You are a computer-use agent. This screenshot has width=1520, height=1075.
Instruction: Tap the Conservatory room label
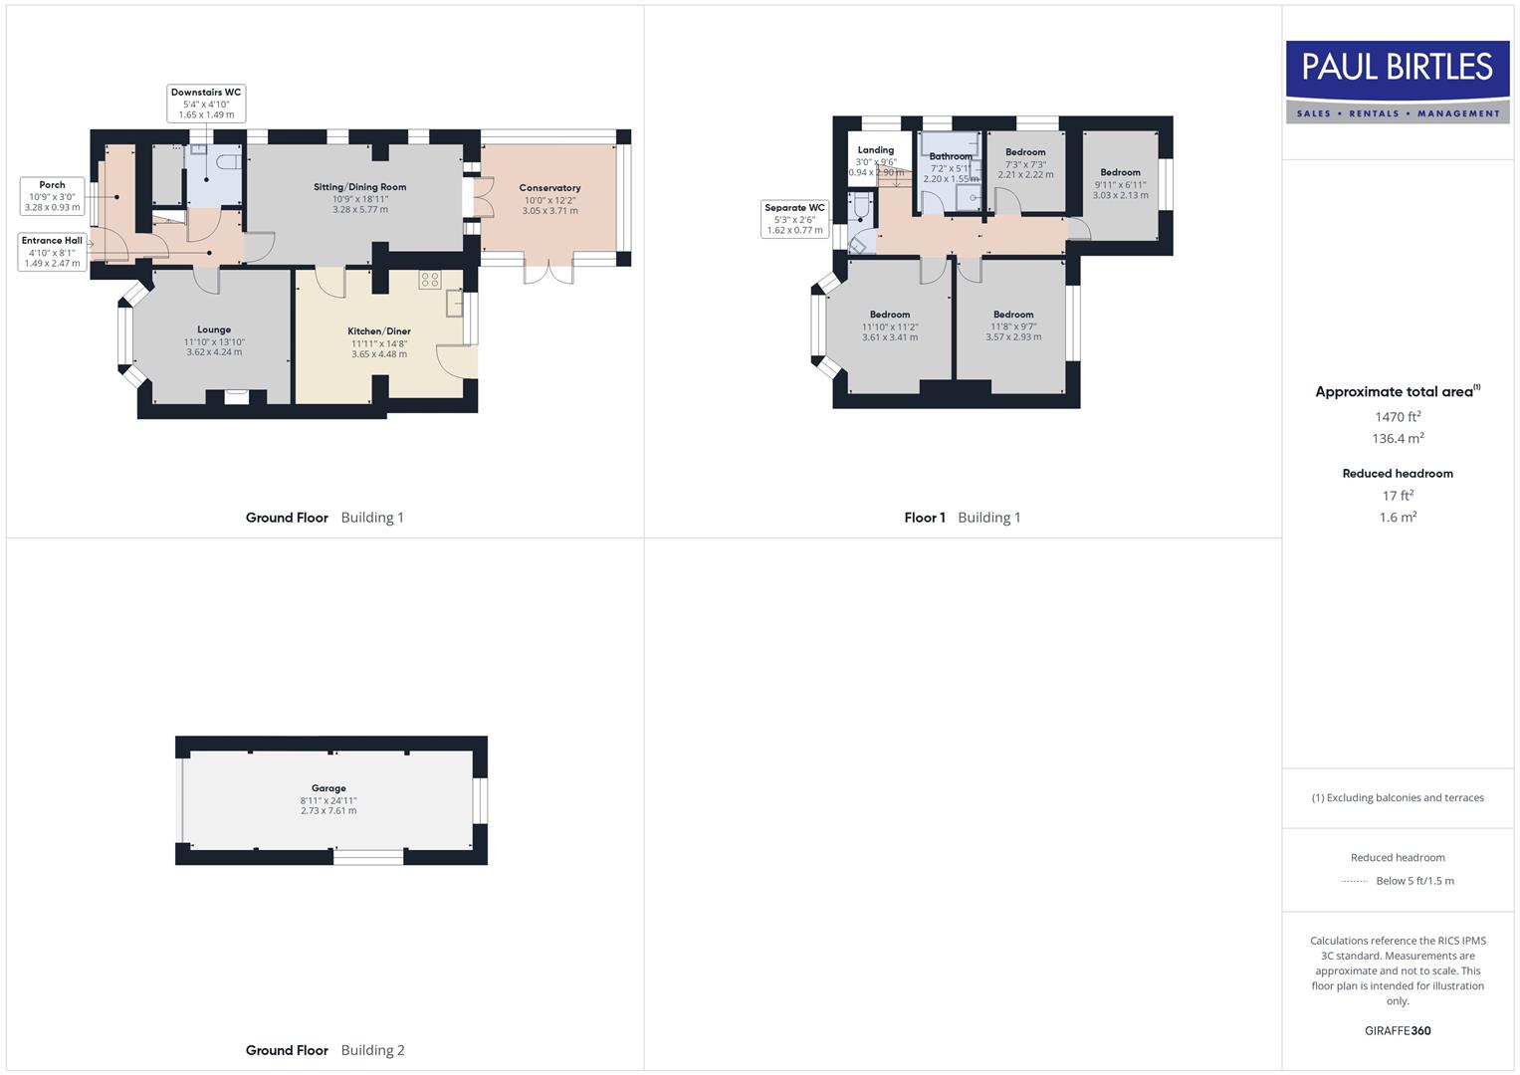click(x=549, y=188)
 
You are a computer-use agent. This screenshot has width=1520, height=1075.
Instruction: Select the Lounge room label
click(x=214, y=330)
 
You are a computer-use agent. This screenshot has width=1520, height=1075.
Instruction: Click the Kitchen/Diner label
click(x=378, y=331)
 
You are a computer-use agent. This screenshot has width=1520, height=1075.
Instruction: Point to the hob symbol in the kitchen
click(x=430, y=280)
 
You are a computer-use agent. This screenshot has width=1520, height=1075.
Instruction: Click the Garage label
click(x=328, y=788)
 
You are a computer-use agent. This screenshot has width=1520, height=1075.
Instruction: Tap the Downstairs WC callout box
click(x=206, y=104)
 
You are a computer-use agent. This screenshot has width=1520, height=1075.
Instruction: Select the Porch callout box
click(x=52, y=196)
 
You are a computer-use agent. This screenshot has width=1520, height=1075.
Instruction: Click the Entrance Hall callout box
click(x=52, y=252)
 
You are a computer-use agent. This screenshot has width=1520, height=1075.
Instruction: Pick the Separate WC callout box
click(x=794, y=219)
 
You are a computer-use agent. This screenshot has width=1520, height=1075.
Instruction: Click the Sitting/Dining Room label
click(x=359, y=187)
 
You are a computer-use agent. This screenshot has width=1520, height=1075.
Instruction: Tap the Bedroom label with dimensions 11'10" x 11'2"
click(x=890, y=315)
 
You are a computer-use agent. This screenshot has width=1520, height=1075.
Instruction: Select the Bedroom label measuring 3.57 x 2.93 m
click(x=1013, y=315)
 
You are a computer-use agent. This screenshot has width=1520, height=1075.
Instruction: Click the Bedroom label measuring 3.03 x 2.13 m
click(x=1120, y=172)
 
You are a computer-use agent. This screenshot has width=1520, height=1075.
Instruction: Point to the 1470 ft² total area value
click(x=1398, y=417)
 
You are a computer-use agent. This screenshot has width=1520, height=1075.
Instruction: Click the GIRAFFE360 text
click(x=1398, y=1031)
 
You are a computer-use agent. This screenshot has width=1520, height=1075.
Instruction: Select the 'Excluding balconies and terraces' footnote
click(x=1398, y=797)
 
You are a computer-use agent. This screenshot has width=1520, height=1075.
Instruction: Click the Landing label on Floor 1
click(x=876, y=150)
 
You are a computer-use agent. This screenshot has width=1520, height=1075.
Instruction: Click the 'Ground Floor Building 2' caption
click(x=325, y=1050)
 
